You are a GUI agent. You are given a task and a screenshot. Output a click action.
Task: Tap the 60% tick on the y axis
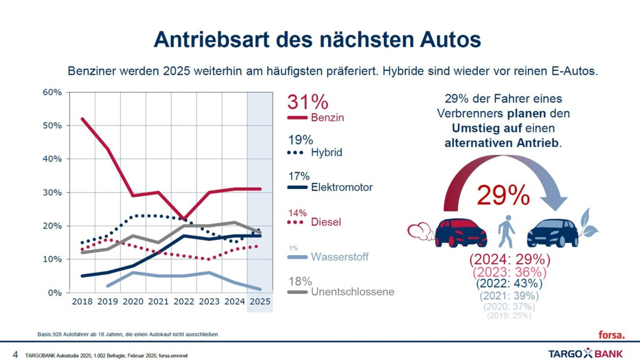(52, 92)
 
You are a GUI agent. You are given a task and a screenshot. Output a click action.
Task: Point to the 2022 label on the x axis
(183, 301)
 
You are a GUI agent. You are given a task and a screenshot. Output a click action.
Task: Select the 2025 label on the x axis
(260, 301)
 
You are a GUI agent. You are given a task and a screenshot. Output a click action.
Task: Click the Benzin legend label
(327, 118)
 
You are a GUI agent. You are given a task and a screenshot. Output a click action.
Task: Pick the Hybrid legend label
(326, 153)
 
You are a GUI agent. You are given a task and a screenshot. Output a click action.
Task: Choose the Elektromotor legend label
(341, 187)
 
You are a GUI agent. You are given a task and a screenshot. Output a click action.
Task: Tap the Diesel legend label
(325, 222)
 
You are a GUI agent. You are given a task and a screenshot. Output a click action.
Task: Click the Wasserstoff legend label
(339, 257)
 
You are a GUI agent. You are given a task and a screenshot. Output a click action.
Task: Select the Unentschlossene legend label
(352, 292)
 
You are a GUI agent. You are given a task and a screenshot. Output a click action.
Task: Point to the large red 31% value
(308, 102)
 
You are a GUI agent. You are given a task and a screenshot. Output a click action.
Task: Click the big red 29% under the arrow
(503, 196)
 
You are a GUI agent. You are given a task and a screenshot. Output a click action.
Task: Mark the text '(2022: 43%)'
(509, 284)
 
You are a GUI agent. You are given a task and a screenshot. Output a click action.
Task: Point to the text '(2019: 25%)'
(509, 316)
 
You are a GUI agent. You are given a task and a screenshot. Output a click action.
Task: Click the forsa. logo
(611, 334)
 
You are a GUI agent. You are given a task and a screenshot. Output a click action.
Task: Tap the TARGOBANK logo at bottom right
(586, 353)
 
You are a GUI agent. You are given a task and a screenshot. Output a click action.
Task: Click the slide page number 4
(15, 354)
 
